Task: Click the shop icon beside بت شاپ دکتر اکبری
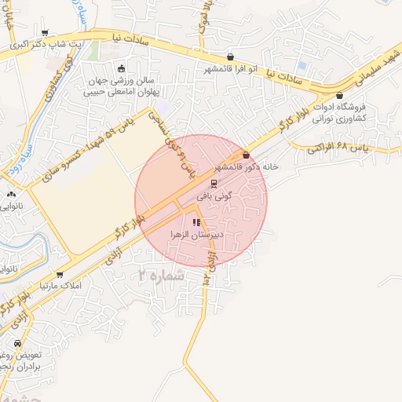point(45,33)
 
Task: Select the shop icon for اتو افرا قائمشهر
point(230,57)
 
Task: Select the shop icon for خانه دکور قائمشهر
point(246,155)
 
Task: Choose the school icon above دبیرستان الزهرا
point(195,222)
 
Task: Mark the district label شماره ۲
point(161,275)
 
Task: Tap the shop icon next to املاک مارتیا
point(60,273)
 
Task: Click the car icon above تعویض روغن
point(18,343)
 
